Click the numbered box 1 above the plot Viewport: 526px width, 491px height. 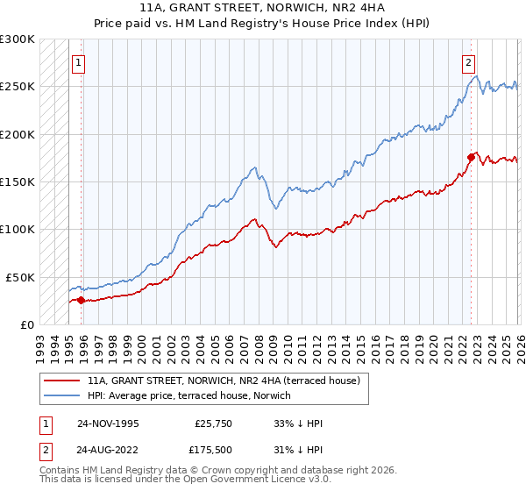[x=80, y=62]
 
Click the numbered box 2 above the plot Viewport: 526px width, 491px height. [x=469, y=62]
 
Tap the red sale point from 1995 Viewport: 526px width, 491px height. [x=82, y=300]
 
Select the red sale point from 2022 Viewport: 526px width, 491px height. [x=471, y=158]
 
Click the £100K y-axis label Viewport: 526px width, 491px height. [x=18, y=229]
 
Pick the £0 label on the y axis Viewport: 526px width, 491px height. [x=27, y=324]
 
